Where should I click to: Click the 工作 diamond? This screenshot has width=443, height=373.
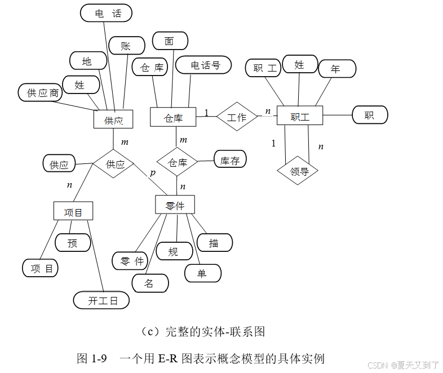tap(237, 117)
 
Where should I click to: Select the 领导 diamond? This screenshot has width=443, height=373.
tap(298, 171)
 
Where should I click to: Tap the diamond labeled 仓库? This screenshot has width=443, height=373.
tap(177, 162)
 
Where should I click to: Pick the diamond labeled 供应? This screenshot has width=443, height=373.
tap(114, 164)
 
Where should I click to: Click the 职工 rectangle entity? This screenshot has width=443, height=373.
tap(300, 116)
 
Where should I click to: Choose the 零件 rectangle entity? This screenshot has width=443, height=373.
tap(175, 205)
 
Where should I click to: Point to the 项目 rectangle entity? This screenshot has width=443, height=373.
tap(73, 211)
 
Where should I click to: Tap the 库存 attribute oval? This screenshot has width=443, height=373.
tap(230, 160)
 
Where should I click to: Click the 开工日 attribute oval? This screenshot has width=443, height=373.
tap(101, 300)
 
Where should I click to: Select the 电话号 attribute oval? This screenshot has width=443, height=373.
tap(204, 65)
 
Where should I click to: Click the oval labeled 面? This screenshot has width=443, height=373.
tap(170, 41)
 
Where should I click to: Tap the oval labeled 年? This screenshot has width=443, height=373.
tap(336, 69)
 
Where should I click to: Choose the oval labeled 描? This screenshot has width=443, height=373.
tap(214, 243)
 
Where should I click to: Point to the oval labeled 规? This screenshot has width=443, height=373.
tap(174, 251)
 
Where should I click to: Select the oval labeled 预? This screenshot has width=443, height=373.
tap(72, 242)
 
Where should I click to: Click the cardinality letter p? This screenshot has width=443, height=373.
tap(152, 173)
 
